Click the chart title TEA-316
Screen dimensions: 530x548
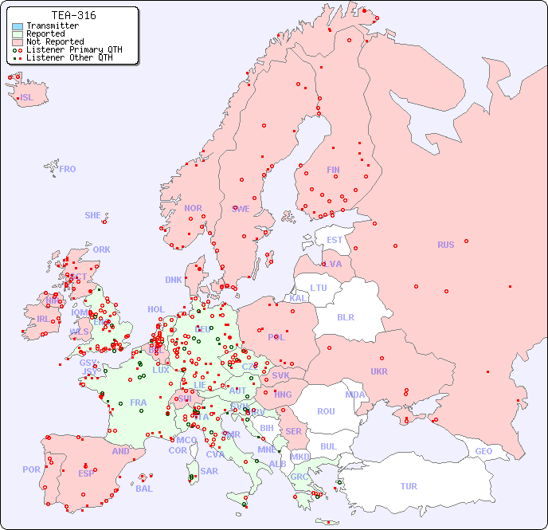pyautogui.click(x=73, y=15)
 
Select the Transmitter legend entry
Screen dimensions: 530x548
pyautogui.click(x=52, y=26)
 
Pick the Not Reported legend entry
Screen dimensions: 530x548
pyautogui.click(x=54, y=41)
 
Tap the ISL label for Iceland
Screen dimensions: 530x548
pyautogui.click(x=27, y=98)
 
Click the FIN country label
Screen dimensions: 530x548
pyautogui.click(x=333, y=170)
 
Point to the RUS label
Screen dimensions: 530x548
pyautogui.click(x=445, y=245)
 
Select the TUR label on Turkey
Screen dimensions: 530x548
pyautogui.click(x=409, y=486)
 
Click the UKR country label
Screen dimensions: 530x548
pyautogui.click(x=379, y=371)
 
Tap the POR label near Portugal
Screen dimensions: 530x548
pyautogui.click(x=31, y=469)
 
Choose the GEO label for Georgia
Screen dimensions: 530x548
pyautogui.click(x=483, y=451)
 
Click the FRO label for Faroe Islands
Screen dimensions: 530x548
pyautogui.click(x=68, y=169)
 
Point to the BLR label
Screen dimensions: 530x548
pyautogui.click(x=346, y=316)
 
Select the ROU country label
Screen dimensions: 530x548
pyautogui.click(x=326, y=411)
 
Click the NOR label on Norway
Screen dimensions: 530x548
pyautogui.click(x=193, y=208)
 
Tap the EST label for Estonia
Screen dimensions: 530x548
pyautogui.click(x=335, y=240)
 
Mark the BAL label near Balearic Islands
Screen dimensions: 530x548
pyautogui.click(x=144, y=489)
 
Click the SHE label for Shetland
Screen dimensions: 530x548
pyautogui.click(x=93, y=215)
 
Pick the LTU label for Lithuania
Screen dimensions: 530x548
pyautogui.click(x=319, y=288)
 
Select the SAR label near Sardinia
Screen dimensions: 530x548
pyautogui.click(x=209, y=471)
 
